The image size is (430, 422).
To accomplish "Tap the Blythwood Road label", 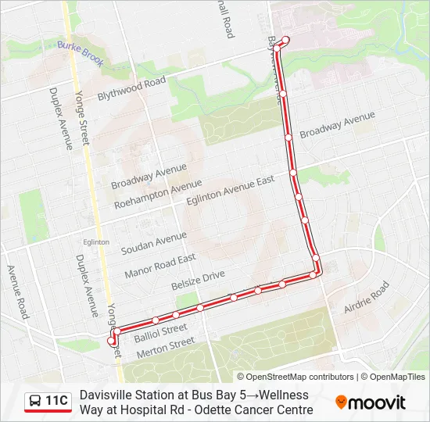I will point(131,88).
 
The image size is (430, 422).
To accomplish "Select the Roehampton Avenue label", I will point(157,195).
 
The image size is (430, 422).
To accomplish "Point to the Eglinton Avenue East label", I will point(231,191).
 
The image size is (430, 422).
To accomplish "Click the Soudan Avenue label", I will point(153,243).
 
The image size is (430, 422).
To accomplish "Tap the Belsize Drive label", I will point(198,281).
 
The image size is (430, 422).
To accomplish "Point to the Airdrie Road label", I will point(367,299).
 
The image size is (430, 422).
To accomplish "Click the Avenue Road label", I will point(17,291).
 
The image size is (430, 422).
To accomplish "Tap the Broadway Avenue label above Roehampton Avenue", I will point(149,177).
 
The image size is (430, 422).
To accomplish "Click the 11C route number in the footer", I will point(56,401).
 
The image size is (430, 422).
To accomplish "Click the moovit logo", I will point(371,402).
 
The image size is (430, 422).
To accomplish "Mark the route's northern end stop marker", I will point(285,41).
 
